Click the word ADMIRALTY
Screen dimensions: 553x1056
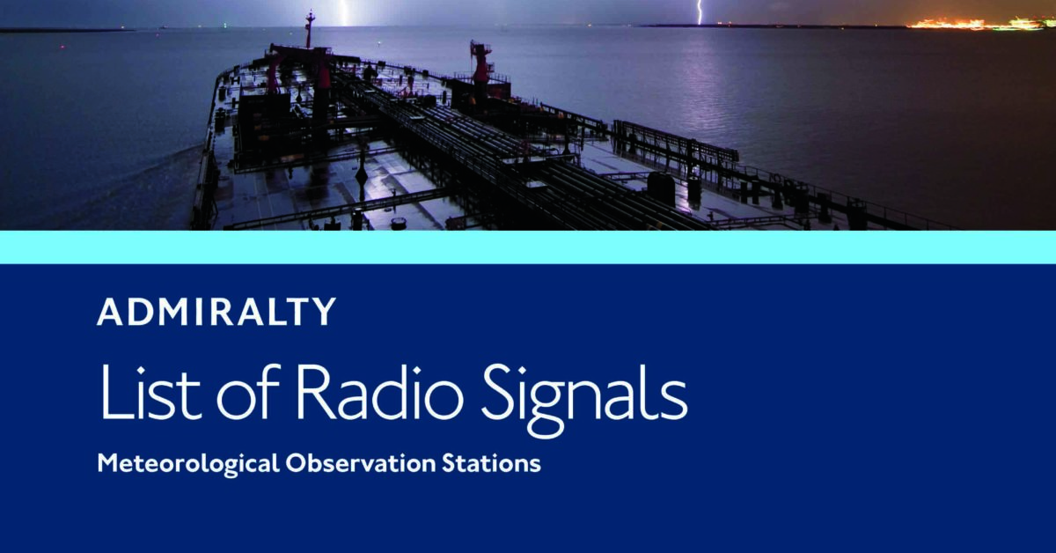(x=216, y=313)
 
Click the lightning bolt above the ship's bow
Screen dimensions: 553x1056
(x=344, y=12)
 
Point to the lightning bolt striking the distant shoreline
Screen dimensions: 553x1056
(x=700, y=11)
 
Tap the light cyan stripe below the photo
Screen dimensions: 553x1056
(x=528, y=247)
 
